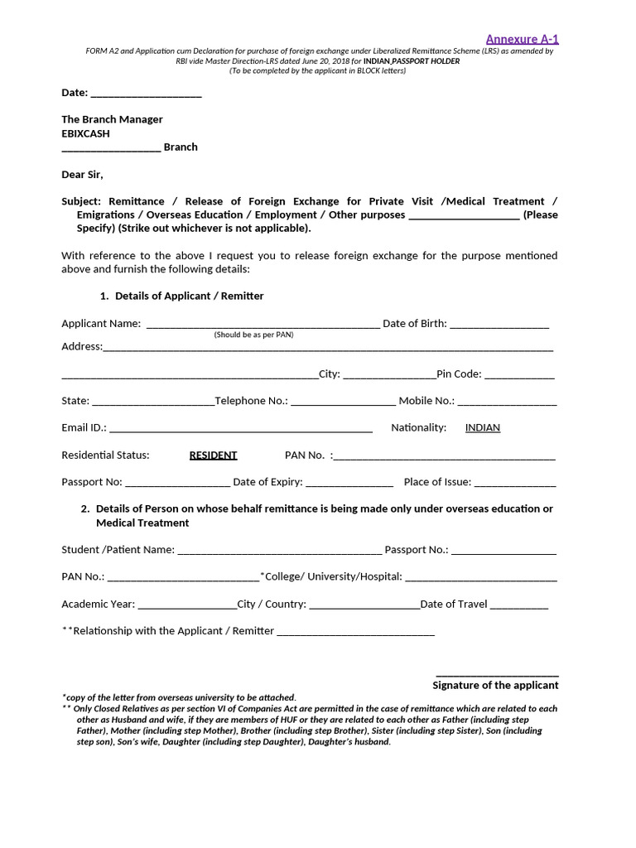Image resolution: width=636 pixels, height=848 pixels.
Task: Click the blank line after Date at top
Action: pos(146,93)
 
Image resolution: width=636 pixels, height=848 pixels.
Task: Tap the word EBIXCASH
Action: pos(85,133)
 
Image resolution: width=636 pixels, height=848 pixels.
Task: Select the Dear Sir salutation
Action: pos(83,175)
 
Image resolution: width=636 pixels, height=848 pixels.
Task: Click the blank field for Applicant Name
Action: pos(263,325)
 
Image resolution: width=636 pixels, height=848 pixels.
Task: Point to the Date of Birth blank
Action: pos(499,325)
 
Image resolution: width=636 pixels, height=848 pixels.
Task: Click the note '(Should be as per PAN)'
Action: pos(253,335)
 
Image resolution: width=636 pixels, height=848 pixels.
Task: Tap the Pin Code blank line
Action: pos(519,375)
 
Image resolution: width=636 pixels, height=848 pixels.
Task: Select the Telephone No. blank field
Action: pos(343,402)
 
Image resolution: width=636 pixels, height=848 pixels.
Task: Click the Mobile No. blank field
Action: pos(507,402)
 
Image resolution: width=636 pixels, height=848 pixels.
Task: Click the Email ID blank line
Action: pos(240,429)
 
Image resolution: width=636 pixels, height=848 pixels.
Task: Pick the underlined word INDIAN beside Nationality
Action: pos(482,428)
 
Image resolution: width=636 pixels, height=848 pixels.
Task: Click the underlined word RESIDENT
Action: pos(213,455)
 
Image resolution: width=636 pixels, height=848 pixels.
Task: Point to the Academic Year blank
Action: pos(187,605)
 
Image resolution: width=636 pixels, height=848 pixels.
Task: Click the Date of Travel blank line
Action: pos(519,605)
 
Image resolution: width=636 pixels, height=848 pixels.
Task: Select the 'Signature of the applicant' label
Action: pos(495,686)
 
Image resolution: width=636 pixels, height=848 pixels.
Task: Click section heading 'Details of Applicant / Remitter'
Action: pos(190,296)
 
